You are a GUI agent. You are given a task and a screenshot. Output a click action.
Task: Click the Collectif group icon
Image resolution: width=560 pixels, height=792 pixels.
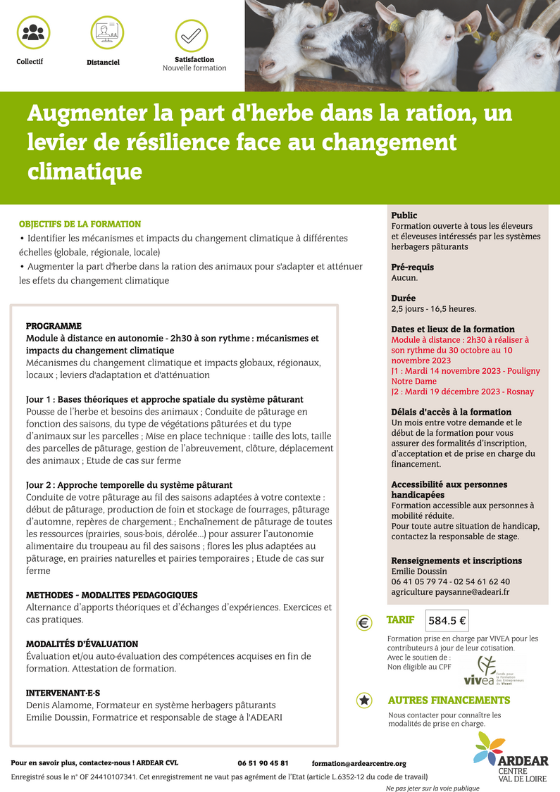pos(32,32)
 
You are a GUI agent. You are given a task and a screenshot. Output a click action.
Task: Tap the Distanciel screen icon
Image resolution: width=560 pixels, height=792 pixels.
pos(107,32)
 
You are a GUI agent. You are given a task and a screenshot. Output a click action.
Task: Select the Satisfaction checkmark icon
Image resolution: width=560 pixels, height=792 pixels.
pos(191,35)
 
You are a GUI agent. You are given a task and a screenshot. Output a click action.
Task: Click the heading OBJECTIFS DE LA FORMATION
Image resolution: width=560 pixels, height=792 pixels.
pos(80,224)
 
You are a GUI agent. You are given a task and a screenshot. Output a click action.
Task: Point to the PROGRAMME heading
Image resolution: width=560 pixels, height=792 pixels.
pos(54,326)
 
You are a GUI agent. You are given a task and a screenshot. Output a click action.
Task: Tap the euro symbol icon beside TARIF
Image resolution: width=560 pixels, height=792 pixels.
pos(364,622)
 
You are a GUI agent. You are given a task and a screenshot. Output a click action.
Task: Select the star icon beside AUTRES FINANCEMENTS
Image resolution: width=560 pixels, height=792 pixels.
pos(364,700)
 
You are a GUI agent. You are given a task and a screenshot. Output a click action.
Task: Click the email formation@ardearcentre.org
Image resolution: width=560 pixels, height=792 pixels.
pos(359,763)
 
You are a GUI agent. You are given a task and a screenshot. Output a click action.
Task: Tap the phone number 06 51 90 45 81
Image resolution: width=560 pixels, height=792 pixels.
pos(263,763)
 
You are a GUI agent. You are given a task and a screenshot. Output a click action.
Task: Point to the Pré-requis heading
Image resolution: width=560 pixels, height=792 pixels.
pos(412,268)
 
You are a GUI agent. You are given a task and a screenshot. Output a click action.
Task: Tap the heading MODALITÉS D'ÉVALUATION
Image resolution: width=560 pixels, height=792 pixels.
pos(82,643)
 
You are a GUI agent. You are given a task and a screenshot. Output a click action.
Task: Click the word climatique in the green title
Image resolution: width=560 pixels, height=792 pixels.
pos(85,171)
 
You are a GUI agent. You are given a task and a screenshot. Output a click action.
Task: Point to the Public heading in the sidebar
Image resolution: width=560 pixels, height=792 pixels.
pos(404,215)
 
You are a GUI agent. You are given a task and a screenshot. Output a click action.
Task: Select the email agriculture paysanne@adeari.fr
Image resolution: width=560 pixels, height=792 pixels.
pos(450,592)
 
